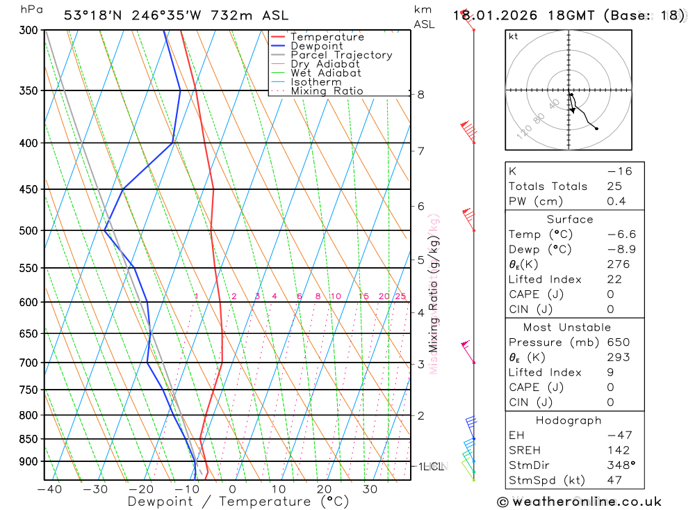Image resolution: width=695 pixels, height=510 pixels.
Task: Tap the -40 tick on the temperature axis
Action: click(x=49, y=489)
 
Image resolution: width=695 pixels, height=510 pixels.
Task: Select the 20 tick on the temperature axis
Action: click(x=323, y=489)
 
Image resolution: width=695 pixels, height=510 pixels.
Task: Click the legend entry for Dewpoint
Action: click(x=316, y=46)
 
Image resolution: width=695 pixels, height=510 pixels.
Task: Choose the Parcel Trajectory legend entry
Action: click(x=341, y=55)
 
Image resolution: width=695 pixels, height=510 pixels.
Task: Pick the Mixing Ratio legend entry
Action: click(x=327, y=91)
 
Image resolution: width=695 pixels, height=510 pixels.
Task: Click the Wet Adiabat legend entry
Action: click(x=326, y=73)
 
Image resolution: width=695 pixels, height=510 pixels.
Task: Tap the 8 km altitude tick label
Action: click(x=420, y=95)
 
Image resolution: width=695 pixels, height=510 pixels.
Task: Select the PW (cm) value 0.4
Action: click(x=616, y=202)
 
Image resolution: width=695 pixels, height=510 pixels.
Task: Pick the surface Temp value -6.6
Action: click(x=621, y=234)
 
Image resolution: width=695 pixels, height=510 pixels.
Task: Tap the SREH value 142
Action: click(x=618, y=450)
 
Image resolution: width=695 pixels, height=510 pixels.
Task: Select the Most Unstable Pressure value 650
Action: click(x=618, y=342)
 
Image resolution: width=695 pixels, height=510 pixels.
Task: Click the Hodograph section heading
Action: click(x=569, y=421)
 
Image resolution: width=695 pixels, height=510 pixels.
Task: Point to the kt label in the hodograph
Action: click(x=514, y=36)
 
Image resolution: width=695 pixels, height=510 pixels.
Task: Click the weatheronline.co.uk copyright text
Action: click(x=579, y=502)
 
